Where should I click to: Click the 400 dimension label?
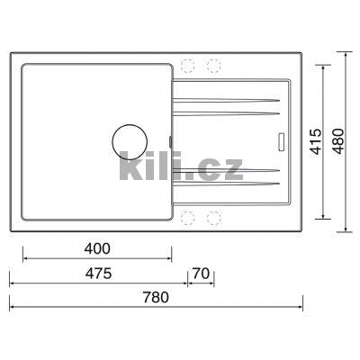(97, 248)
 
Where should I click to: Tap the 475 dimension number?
(98, 274)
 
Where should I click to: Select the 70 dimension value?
(201, 274)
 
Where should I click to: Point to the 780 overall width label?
(156, 297)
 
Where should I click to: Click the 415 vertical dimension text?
(316, 141)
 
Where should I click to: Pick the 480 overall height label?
(338, 141)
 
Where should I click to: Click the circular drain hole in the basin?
(130, 142)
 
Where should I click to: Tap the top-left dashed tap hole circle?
(187, 66)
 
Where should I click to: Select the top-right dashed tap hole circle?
(214, 66)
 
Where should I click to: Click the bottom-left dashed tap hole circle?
(187, 218)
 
